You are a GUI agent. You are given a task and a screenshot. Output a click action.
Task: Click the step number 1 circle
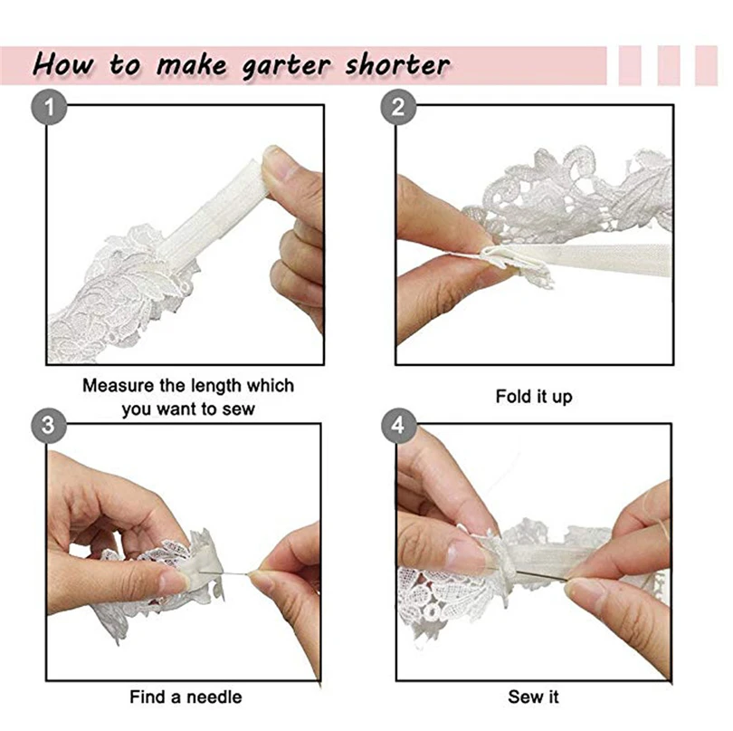[51, 110]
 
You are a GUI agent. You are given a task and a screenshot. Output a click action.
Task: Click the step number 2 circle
[398, 110]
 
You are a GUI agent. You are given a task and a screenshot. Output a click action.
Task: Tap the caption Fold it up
[534, 397]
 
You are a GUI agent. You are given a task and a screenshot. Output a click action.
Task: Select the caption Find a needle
[186, 697]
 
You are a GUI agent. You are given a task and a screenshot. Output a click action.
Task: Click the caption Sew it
[534, 697]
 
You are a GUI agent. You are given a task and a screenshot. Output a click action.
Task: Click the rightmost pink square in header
[706, 65]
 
